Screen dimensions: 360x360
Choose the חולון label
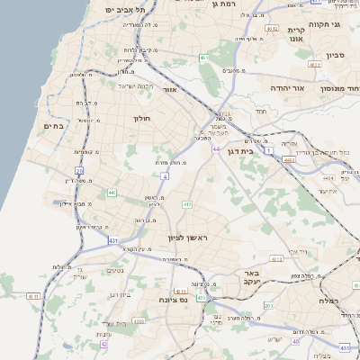tap(141, 118)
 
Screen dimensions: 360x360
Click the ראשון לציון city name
tap(187, 238)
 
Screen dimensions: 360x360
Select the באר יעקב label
tap(250, 276)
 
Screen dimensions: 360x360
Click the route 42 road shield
tap(103, 344)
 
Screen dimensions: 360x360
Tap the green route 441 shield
tap(111, 193)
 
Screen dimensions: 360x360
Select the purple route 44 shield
tap(216, 148)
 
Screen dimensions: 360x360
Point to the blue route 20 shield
tap(79, 170)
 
